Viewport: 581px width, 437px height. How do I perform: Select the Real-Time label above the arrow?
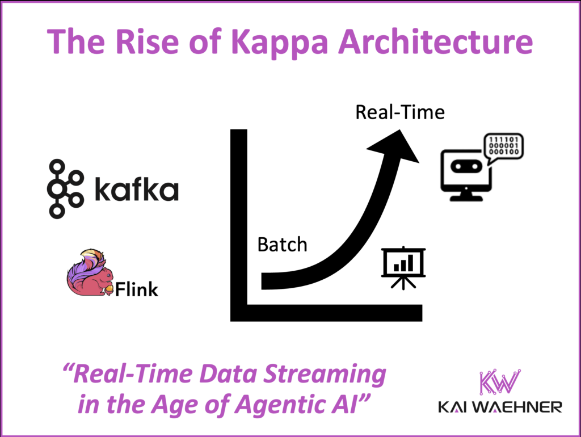(x=399, y=112)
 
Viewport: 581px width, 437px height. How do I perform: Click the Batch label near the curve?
(x=282, y=245)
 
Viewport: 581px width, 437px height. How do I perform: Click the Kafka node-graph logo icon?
(x=64, y=189)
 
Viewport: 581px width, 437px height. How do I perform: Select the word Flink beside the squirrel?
(x=137, y=291)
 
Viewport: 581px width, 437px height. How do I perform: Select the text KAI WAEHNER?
(x=499, y=407)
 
